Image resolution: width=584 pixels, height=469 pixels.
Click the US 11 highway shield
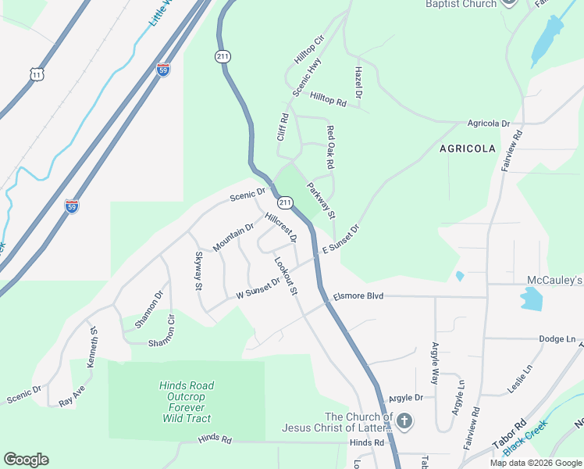click(36, 74)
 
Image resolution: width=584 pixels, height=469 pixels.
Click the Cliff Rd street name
click(283, 127)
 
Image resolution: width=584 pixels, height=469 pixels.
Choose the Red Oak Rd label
click(330, 148)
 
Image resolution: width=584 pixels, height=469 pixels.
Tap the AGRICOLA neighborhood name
click(468, 148)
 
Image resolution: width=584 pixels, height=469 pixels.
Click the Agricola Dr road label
click(488, 124)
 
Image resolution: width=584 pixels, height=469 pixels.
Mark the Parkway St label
click(321, 201)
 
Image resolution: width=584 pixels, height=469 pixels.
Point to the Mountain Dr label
click(233, 237)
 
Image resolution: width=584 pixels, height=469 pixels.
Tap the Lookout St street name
click(285, 276)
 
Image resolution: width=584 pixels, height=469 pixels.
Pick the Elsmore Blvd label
click(359, 296)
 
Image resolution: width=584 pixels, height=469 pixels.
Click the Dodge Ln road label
click(557, 339)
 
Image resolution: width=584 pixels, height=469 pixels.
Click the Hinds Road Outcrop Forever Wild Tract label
click(187, 402)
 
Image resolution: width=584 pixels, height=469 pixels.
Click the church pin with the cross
click(404, 421)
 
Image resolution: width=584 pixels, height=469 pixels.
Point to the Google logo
click(26, 460)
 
